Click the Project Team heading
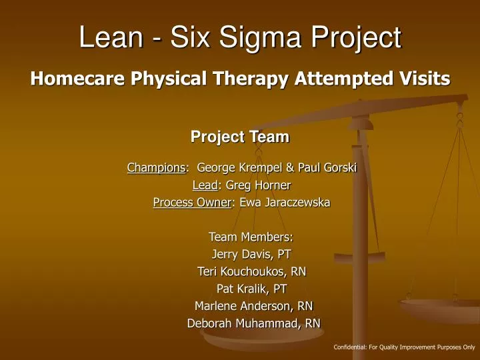240,137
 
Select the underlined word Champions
156,168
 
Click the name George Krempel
237,168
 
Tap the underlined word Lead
205,185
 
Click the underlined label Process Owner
191,203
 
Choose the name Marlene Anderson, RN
253,306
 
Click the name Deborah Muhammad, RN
253,323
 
